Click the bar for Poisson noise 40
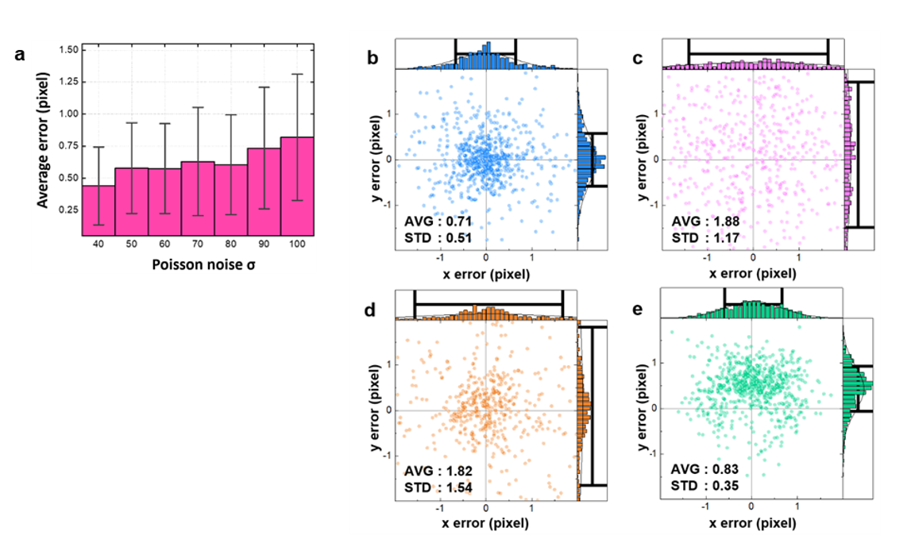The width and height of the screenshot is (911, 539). click(98, 210)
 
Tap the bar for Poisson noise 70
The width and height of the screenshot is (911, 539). click(198, 198)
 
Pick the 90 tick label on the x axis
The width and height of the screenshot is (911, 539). click(264, 246)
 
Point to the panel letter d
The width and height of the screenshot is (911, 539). click(370, 310)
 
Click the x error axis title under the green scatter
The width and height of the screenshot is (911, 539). click(751, 523)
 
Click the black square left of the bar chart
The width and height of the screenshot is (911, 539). click(15, 65)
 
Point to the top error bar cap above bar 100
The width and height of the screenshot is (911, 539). click(298, 74)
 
